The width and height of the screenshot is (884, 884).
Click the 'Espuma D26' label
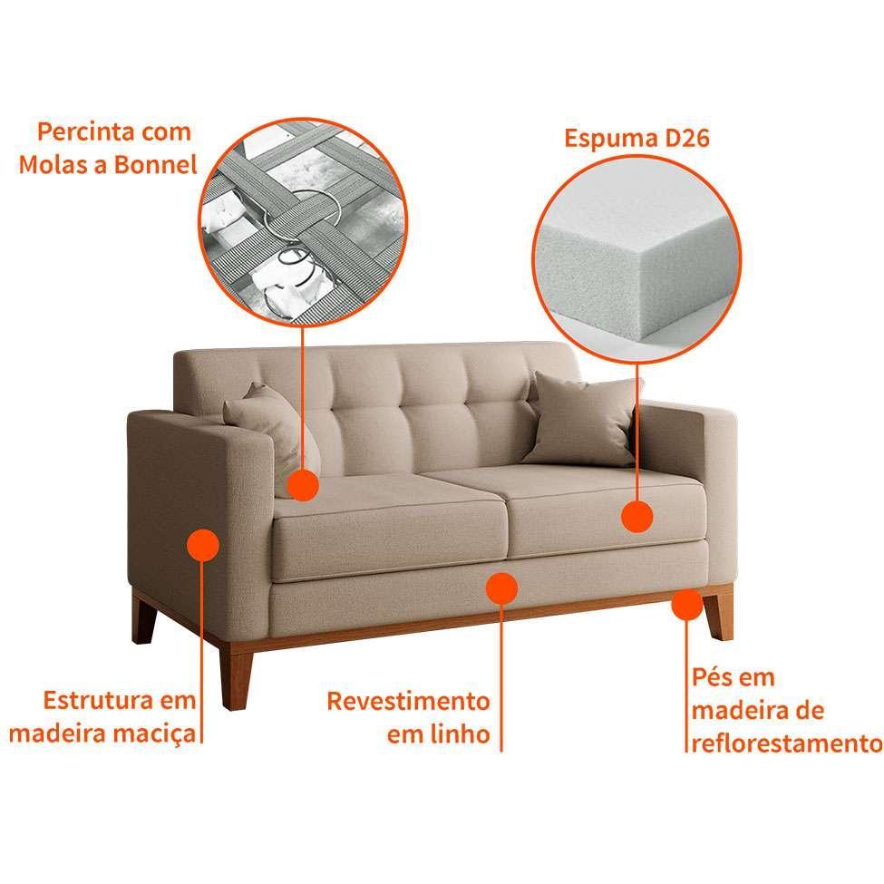coord(636,138)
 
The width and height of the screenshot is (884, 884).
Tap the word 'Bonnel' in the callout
coord(156,165)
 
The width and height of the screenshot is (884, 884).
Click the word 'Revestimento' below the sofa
coord(409,702)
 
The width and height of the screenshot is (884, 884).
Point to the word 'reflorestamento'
coord(787,743)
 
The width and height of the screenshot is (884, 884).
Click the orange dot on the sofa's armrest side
coord(202,545)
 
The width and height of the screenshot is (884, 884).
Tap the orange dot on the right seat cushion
coord(637,517)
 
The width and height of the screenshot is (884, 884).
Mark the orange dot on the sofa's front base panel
coord(501,588)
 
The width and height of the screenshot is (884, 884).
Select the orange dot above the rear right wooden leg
coord(687,605)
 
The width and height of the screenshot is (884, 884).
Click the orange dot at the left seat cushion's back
coord(303,485)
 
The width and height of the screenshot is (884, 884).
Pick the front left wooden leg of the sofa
coord(235,677)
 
